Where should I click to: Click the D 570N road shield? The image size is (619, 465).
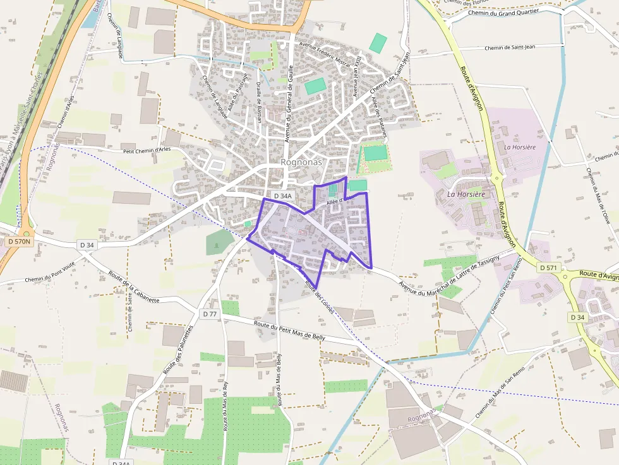[20, 242]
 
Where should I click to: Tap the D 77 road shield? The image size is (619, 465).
[210, 314]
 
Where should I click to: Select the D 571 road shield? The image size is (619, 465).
[549, 268]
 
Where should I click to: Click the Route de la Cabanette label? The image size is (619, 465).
[134, 287]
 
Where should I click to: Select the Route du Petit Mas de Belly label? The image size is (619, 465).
[289, 329]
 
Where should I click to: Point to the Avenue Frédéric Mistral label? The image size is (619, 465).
[325, 56]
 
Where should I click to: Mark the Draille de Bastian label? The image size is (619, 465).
[258, 102]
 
